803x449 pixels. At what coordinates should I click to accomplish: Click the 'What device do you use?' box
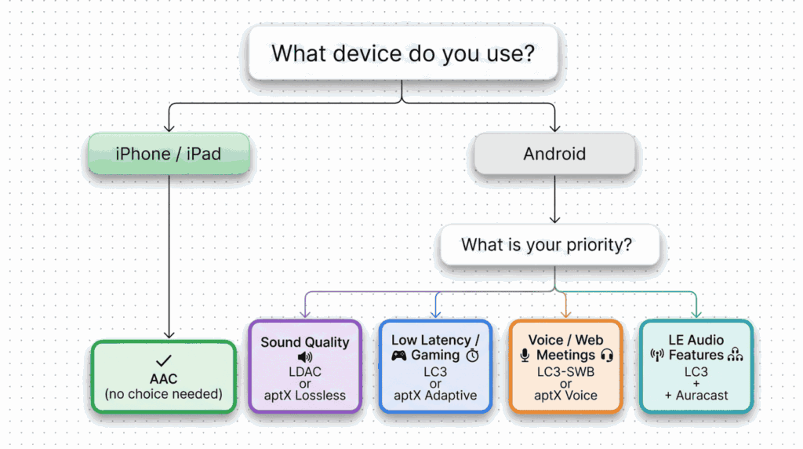[403, 53]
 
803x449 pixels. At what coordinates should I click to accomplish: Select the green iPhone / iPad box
[169, 153]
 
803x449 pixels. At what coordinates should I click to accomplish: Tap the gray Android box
[554, 153]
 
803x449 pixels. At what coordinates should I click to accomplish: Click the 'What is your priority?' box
[547, 245]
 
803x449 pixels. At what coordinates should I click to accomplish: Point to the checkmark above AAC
[163, 362]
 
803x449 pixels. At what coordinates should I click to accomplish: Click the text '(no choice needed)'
[163, 395]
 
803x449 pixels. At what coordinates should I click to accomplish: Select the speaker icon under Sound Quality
[305, 356]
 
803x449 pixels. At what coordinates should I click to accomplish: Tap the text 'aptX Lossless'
[305, 396]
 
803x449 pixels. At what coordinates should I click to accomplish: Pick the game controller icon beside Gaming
[399, 356]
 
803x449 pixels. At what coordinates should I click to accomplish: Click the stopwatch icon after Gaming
[472, 356]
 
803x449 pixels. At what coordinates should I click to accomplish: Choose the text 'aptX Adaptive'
[435, 396]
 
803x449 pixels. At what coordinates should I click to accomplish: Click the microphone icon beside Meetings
[525, 356]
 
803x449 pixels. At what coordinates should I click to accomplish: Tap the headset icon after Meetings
[606, 356]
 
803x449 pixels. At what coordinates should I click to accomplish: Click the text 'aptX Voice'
[565, 396]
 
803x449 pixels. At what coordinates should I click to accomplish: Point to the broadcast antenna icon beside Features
[657, 356]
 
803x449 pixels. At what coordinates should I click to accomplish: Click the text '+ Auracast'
[696, 396]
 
